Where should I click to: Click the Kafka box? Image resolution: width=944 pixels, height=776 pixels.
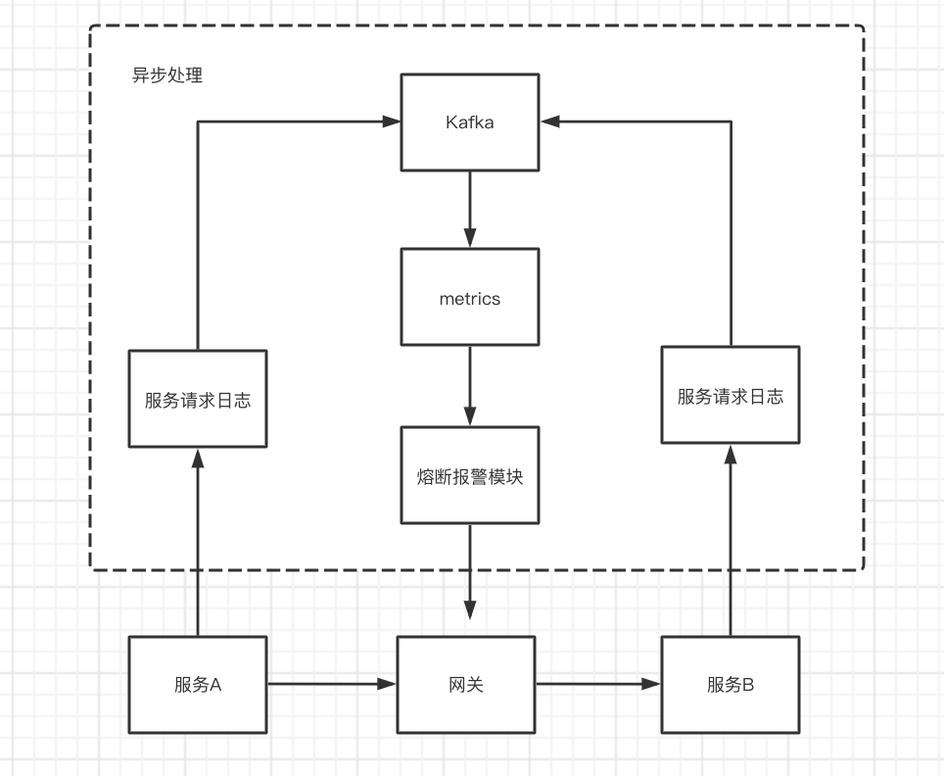point(469,122)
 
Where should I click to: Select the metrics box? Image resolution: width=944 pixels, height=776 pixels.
point(469,298)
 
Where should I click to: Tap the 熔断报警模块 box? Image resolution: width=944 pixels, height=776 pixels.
point(469,475)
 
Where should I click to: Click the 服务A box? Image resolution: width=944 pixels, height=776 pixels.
point(197,684)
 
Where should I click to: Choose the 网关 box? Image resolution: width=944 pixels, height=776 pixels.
point(466,684)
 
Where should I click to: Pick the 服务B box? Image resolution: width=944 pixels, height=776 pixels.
point(730,684)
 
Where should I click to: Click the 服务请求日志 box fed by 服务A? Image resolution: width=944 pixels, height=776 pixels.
point(197,400)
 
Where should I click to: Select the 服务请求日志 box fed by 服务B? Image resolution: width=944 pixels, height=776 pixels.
point(730,396)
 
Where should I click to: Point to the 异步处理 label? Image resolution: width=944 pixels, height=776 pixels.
point(167,75)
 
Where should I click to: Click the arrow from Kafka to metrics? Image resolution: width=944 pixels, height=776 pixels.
point(469,210)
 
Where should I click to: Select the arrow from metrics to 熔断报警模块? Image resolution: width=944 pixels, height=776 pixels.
point(469,386)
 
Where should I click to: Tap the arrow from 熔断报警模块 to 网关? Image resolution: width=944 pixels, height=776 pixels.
point(469,572)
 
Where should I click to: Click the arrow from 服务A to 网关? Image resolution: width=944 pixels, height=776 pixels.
point(331,684)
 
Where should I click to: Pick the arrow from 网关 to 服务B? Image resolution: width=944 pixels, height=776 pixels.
point(598,684)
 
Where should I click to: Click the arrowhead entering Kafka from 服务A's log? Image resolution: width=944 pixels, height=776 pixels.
point(392,121)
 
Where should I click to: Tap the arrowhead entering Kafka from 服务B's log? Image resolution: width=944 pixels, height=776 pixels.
point(549,121)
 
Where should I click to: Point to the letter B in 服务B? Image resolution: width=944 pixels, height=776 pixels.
point(748,685)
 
